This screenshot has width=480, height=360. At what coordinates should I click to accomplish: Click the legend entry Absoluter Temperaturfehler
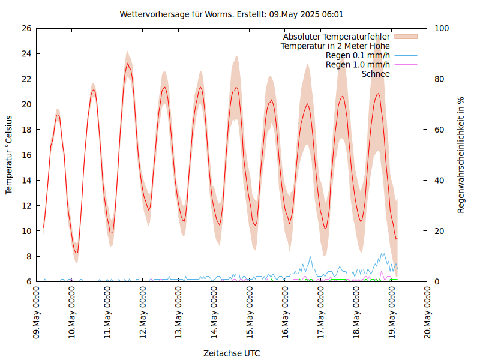tap(337, 37)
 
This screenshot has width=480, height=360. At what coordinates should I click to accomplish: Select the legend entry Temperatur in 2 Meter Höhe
tap(335, 46)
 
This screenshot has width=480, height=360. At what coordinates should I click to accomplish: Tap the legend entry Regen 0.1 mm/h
tap(358, 55)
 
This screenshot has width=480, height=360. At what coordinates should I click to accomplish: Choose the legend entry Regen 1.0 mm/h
tap(358, 64)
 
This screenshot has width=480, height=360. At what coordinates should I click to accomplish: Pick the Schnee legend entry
tap(376, 74)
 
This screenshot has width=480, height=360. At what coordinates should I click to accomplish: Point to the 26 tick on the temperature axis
tap(26, 28)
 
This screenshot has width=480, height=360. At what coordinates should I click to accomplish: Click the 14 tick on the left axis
tap(26, 180)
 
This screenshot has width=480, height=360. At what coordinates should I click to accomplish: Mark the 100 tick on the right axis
tap(442, 28)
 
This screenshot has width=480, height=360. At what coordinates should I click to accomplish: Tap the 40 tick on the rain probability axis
tap(439, 180)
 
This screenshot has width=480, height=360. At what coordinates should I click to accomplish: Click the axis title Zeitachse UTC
tap(232, 353)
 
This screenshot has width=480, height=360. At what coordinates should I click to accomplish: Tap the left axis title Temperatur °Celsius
tap(9, 155)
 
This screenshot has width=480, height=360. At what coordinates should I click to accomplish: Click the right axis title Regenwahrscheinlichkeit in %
tap(461, 155)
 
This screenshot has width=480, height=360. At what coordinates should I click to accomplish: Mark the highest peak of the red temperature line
tap(127, 63)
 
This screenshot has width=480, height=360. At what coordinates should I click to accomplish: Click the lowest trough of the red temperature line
tap(76, 253)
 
